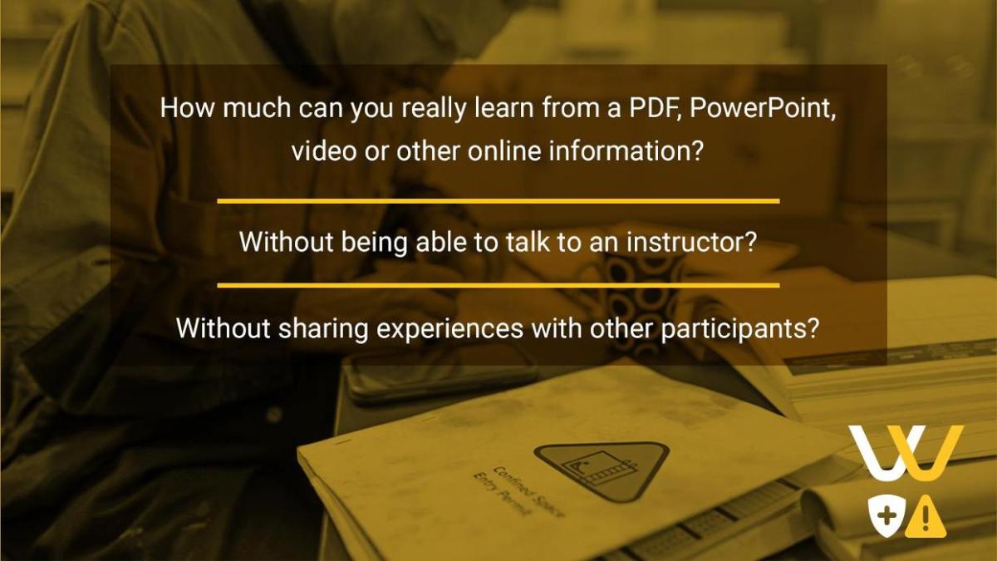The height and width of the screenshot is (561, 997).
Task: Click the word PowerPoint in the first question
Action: [x=762, y=108]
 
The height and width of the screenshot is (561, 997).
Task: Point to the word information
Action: [x=626, y=151]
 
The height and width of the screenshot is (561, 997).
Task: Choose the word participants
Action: [x=739, y=329]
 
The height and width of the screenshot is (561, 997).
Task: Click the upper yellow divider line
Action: [x=498, y=201]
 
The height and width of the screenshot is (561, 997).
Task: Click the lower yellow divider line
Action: [x=498, y=285]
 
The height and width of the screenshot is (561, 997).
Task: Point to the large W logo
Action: [x=906, y=453]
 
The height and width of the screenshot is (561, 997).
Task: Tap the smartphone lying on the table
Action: [x=440, y=378]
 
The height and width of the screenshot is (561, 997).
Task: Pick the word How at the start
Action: [x=188, y=108]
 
